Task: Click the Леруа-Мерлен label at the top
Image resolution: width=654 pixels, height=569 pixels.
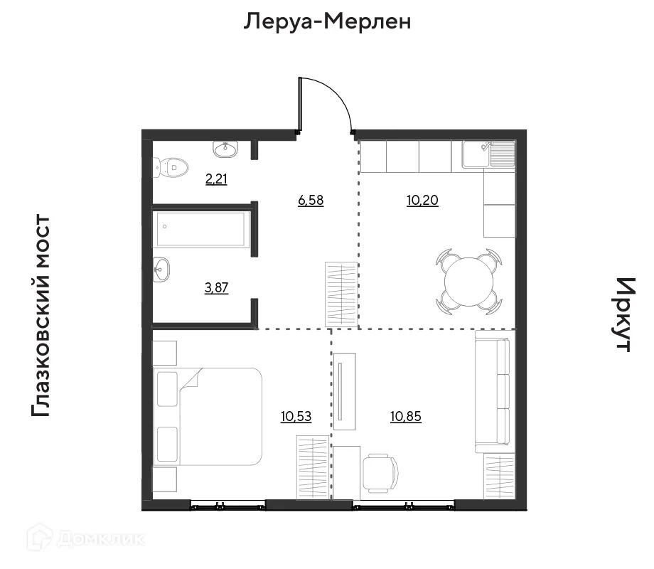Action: click(328, 22)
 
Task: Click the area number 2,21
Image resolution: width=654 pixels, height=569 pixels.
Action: click(216, 179)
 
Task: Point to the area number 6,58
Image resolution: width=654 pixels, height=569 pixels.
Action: click(311, 201)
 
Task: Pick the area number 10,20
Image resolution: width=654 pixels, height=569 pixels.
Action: click(422, 201)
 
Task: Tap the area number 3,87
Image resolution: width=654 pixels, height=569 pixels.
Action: click(216, 287)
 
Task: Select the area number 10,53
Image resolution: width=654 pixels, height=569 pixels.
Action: click(296, 416)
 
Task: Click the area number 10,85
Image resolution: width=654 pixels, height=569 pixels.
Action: click(406, 416)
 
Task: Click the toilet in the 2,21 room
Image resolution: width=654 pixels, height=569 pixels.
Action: click(172, 168)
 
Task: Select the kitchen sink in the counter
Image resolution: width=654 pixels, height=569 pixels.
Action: click(488, 154)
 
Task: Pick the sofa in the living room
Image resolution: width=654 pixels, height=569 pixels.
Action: click(493, 395)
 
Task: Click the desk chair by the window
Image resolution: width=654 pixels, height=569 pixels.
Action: click(380, 473)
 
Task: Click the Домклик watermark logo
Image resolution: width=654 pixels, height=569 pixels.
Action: click(85, 538)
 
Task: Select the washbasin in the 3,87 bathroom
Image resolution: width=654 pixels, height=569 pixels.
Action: click(162, 268)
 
